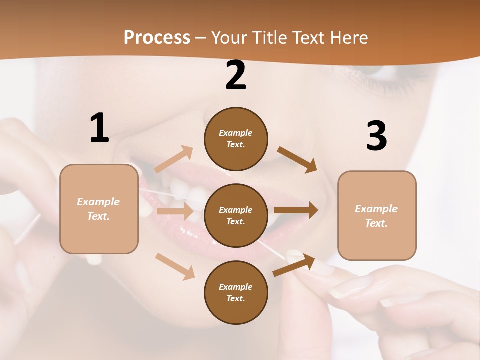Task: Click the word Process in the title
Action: point(157,37)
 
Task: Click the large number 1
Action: point(99,128)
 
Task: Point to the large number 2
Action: point(236,75)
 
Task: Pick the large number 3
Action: point(376,136)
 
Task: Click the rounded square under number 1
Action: point(99,209)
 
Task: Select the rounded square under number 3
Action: point(377,215)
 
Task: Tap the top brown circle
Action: point(236,139)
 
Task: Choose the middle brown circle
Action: point(236,215)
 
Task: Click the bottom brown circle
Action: point(236,292)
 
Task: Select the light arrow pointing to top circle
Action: point(173,159)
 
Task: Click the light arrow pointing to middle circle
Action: point(175,211)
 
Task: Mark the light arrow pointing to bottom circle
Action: point(175,266)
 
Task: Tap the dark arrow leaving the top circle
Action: point(297,159)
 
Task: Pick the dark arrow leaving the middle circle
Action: point(296,210)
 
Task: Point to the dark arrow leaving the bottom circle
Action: point(294,265)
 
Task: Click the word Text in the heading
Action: point(308,37)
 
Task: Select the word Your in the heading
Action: point(229,37)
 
